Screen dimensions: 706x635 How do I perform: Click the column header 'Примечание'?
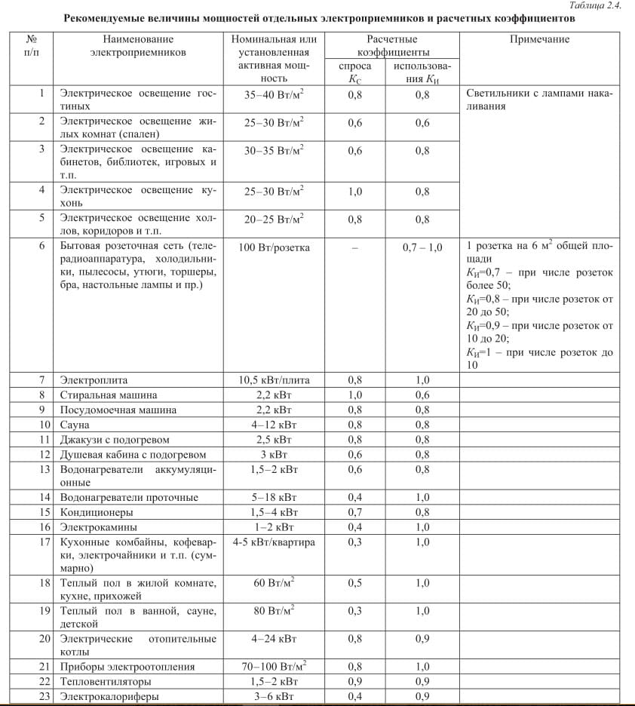539,39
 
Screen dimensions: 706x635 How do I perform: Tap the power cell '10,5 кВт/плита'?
274,380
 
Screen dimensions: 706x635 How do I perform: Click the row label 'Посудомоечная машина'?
118,410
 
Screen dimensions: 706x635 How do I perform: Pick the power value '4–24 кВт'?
274,639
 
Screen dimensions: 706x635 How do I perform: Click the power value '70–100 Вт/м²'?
274,666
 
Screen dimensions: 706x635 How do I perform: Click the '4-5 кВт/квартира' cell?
274,542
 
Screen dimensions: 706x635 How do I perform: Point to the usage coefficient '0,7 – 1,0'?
422,247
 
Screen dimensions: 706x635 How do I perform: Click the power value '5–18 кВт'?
274,497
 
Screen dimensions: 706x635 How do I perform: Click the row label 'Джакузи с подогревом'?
115,440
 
